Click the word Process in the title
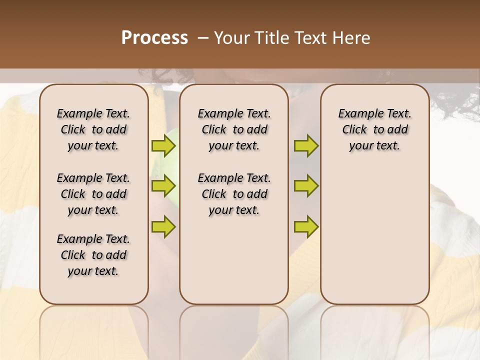click(x=154, y=38)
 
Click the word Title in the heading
click(x=270, y=38)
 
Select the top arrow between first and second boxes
click(x=163, y=146)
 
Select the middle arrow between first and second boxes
click(x=163, y=186)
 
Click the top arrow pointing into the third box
click(x=306, y=146)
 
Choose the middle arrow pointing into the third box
click(x=306, y=186)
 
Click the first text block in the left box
click(x=93, y=129)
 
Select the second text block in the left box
click(x=93, y=194)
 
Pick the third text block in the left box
click(x=93, y=255)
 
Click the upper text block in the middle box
click(x=234, y=129)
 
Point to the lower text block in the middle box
click(x=234, y=194)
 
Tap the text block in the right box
click(x=375, y=129)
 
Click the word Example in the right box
click(x=356, y=114)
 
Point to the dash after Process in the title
click(x=203, y=38)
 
